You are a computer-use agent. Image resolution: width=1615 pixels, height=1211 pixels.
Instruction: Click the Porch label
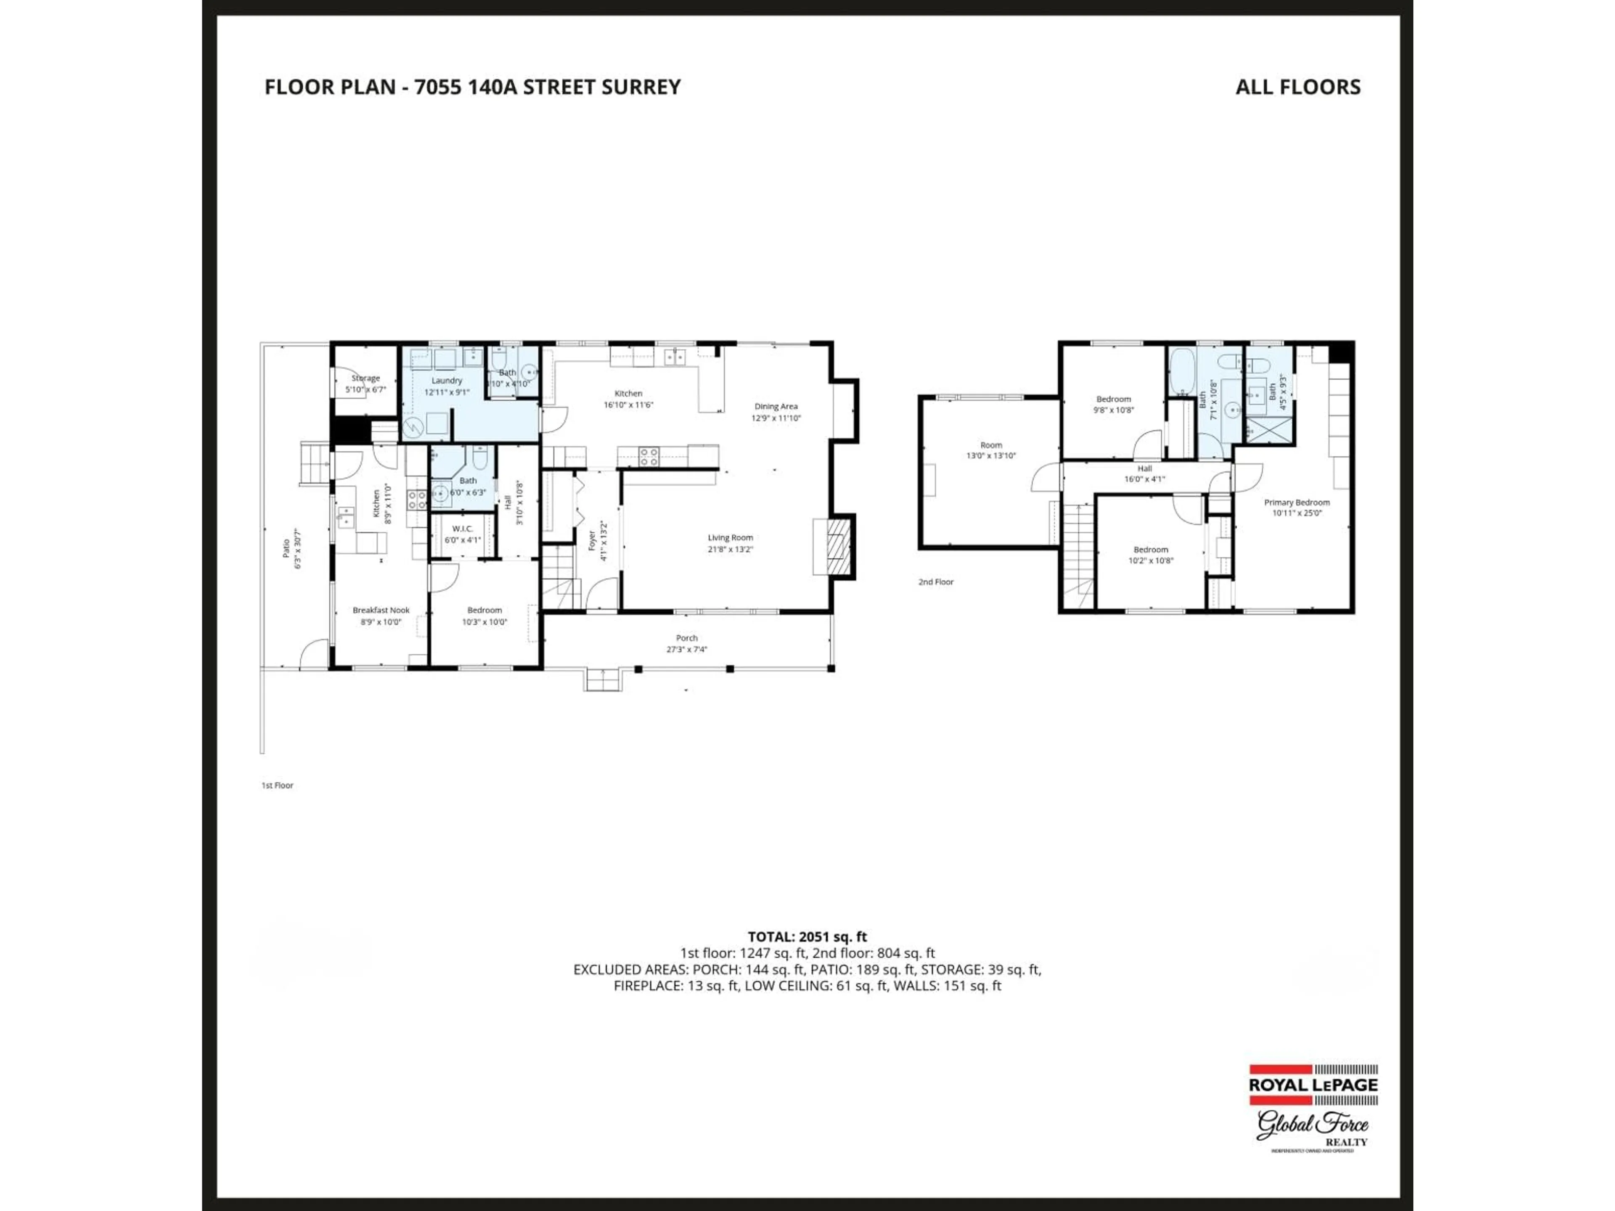coord(686,643)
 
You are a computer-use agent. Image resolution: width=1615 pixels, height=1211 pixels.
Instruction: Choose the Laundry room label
coord(446,386)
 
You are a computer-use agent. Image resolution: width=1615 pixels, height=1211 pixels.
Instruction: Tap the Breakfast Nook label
coord(380,615)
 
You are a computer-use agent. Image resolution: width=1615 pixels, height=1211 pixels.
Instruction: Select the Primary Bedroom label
coord(1297,507)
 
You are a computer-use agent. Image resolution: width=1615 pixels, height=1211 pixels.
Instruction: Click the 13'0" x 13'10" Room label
coord(991,449)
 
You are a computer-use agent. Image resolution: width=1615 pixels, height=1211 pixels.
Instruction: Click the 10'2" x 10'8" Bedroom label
coord(1151,555)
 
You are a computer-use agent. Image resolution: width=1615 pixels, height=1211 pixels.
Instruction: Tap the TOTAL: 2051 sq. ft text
coord(807,936)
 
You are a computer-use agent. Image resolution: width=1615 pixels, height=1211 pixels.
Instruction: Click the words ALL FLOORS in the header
coord(1297,87)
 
